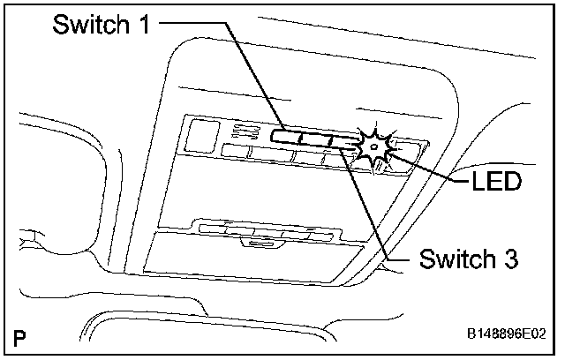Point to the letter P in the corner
19,336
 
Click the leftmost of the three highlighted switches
285,138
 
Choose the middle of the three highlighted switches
315,139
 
